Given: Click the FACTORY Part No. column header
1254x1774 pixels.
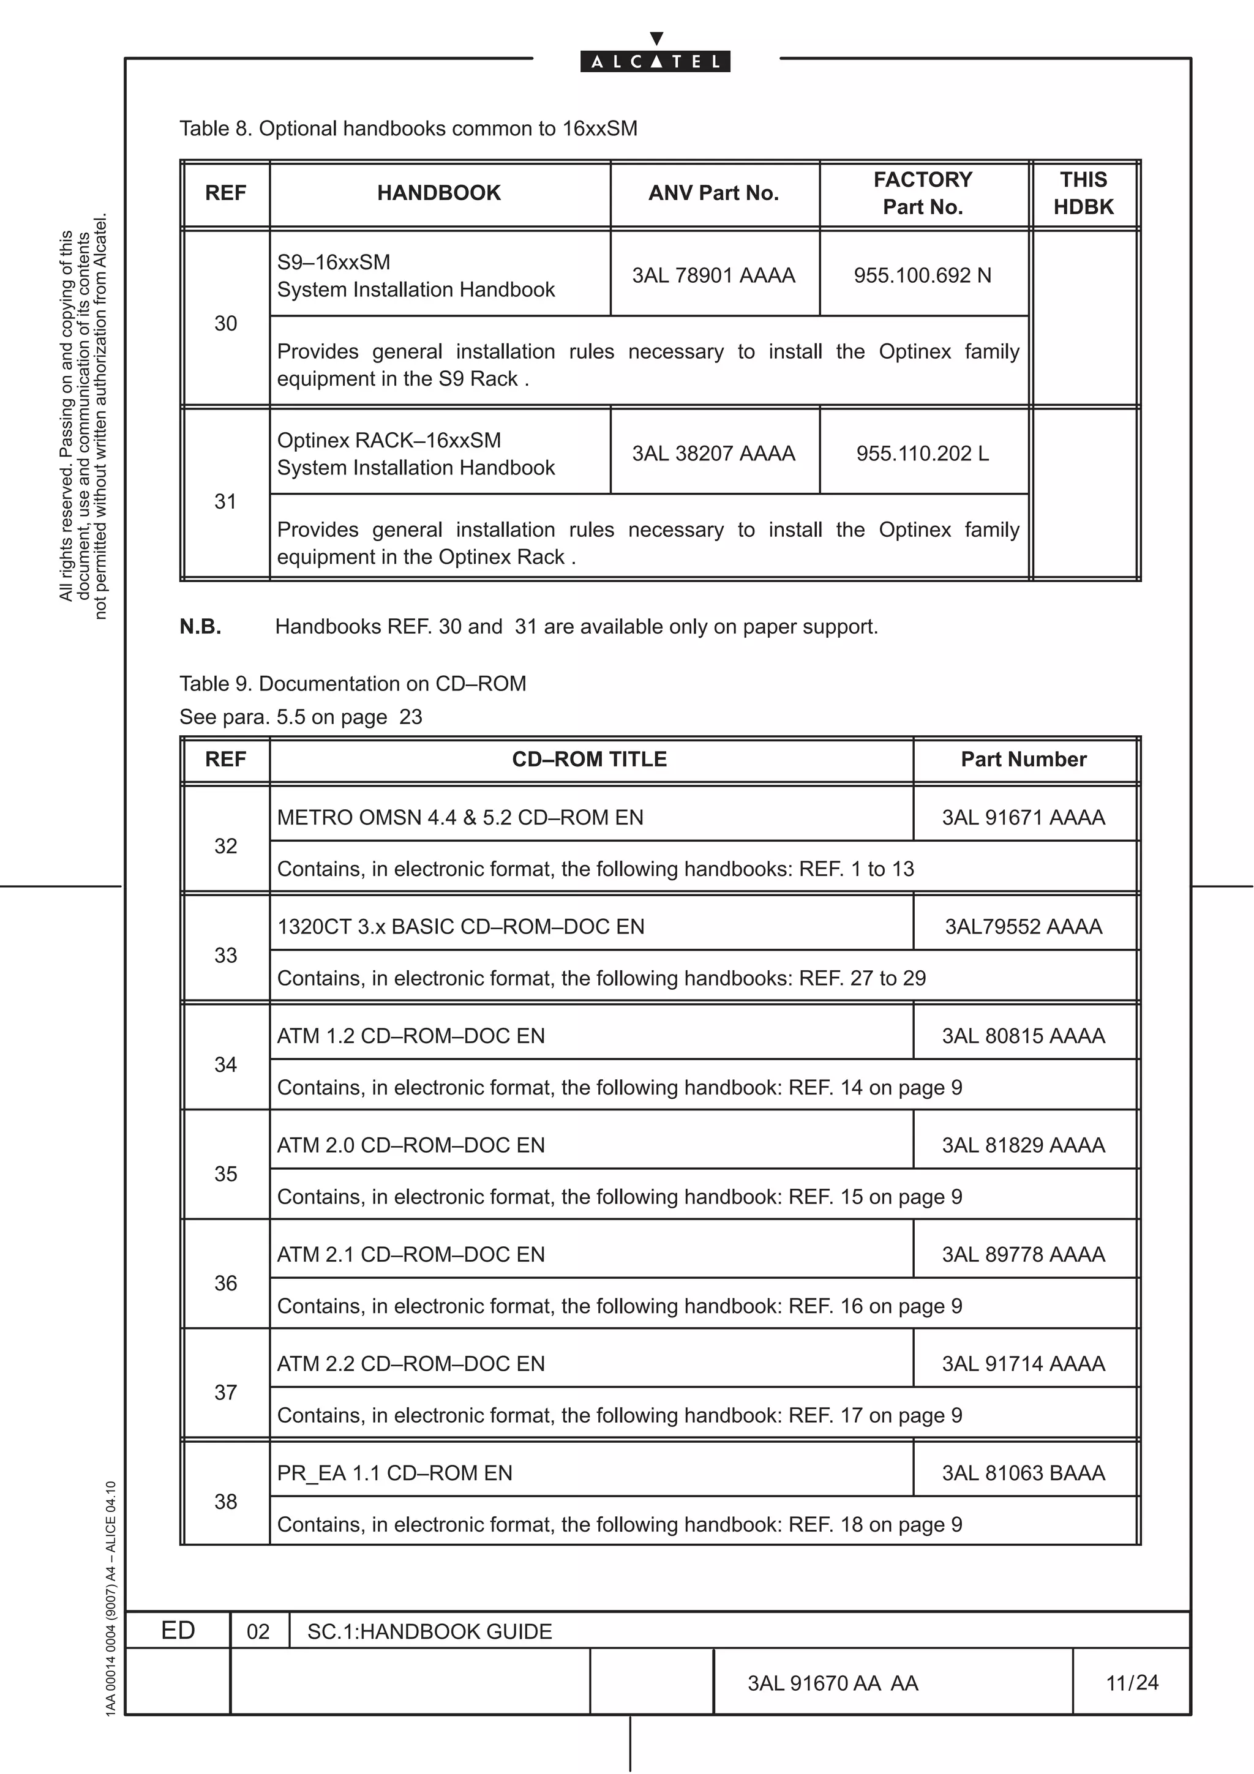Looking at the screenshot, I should (x=923, y=193).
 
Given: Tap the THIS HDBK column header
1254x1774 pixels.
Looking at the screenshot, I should (x=1083, y=193).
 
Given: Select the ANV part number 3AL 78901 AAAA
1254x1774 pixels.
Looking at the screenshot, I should (x=713, y=276).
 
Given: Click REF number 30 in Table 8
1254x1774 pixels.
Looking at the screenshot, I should (x=225, y=324).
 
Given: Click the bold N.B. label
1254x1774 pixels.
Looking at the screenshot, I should (x=200, y=627).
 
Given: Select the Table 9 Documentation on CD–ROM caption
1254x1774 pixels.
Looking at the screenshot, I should (x=352, y=684).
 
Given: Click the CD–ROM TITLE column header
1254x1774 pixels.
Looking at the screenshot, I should (x=589, y=760).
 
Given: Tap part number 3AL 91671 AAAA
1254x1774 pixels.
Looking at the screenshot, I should (x=1023, y=817).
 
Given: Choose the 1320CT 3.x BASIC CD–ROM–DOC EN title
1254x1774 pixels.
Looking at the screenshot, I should (x=460, y=926).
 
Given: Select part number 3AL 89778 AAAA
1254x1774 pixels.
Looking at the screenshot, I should (x=1023, y=1254).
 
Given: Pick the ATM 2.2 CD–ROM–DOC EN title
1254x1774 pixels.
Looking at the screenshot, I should (x=411, y=1364).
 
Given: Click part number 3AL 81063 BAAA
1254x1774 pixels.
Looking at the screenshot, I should (x=1023, y=1473).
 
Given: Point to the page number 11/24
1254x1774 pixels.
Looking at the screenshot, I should (x=1132, y=1682).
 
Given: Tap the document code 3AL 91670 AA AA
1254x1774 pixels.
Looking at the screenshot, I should (x=832, y=1683).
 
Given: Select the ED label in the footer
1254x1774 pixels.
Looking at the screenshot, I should (x=178, y=1630).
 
